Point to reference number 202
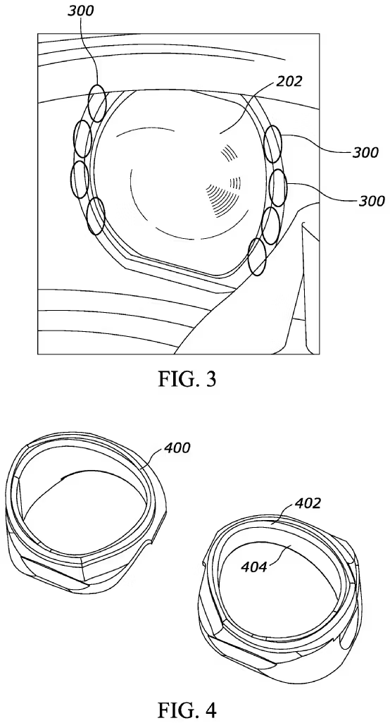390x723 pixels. click(289, 82)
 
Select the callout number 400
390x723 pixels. click(177, 447)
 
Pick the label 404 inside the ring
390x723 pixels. click(254, 567)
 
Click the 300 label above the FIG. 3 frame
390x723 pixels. click(80, 11)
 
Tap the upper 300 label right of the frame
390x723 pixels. click(365, 152)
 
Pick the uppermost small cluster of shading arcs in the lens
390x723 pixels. click(228, 153)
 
